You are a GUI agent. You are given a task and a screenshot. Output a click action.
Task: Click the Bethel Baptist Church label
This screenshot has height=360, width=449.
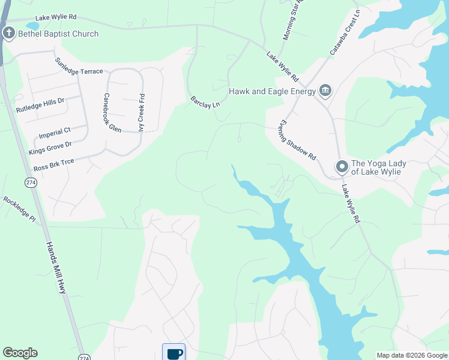click(x=58, y=34)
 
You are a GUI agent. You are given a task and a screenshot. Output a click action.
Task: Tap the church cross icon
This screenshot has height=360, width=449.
click(x=9, y=33)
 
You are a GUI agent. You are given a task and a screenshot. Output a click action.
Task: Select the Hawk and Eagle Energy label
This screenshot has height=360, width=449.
click(x=272, y=91)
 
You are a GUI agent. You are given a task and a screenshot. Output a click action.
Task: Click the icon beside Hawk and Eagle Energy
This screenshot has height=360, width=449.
click(x=325, y=91)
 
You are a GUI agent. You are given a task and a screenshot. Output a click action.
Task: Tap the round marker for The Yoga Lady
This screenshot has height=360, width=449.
click(x=342, y=167)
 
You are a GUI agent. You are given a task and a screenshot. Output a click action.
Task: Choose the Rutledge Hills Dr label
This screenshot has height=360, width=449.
click(x=40, y=106)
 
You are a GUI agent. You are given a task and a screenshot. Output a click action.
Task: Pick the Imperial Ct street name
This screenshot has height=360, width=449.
click(x=54, y=132)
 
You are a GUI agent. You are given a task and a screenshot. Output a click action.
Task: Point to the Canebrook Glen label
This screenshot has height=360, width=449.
click(x=112, y=112)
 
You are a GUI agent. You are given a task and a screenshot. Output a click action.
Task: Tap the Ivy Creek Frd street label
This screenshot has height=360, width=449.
click(x=142, y=112)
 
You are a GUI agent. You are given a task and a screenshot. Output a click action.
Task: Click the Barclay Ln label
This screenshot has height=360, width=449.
click(x=205, y=102)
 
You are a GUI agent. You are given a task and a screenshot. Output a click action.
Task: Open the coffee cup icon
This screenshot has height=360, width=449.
click(x=174, y=353)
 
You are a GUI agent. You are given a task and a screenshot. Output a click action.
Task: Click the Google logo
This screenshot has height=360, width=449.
click(x=20, y=353)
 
